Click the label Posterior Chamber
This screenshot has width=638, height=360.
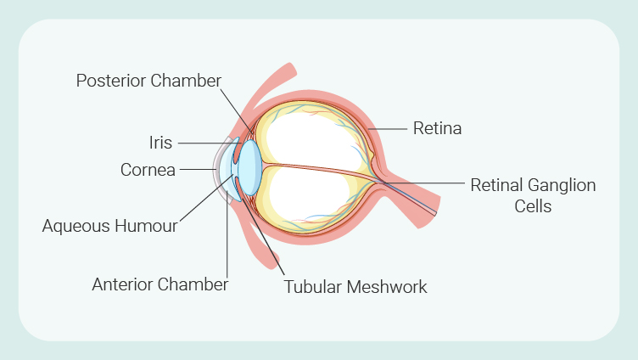[148, 81]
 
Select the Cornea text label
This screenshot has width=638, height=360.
[148, 170]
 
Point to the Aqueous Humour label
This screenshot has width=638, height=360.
[110, 226]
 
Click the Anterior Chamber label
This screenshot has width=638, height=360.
[159, 284]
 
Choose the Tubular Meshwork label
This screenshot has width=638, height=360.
[355, 287]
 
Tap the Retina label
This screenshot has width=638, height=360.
[437, 129]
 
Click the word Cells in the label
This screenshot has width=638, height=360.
[533, 205]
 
